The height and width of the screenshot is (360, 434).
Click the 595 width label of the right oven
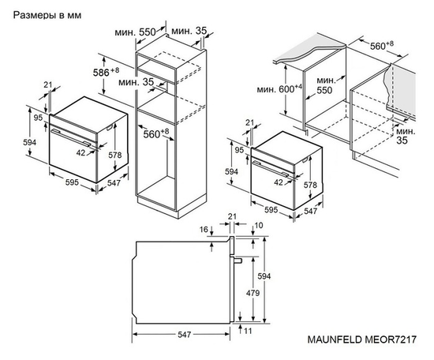click(x=270, y=211)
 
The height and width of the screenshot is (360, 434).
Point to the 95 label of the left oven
click(x=38, y=118)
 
